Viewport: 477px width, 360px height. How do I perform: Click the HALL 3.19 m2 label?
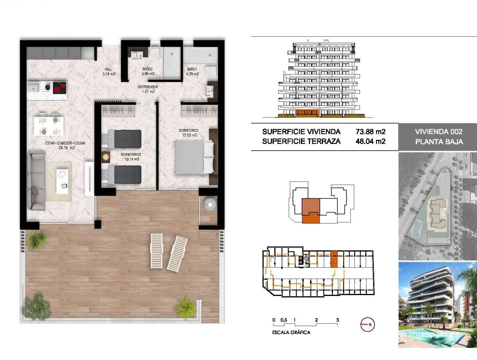(109, 72)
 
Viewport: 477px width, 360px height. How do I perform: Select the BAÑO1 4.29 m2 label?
(192, 71)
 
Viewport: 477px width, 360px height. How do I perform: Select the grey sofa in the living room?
(36, 181)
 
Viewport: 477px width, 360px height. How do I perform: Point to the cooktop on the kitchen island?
(59, 88)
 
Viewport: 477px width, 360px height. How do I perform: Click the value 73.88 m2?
(370, 131)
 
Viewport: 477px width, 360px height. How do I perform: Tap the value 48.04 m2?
(370, 141)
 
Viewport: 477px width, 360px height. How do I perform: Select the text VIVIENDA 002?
(439, 131)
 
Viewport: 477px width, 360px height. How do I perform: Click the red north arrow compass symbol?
(367, 324)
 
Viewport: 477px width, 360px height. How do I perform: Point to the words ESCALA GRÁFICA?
(291, 332)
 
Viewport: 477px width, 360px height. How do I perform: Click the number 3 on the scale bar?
(337, 320)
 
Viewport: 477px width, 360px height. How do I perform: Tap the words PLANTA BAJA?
(439, 142)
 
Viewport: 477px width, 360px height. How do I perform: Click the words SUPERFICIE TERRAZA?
(301, 141)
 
